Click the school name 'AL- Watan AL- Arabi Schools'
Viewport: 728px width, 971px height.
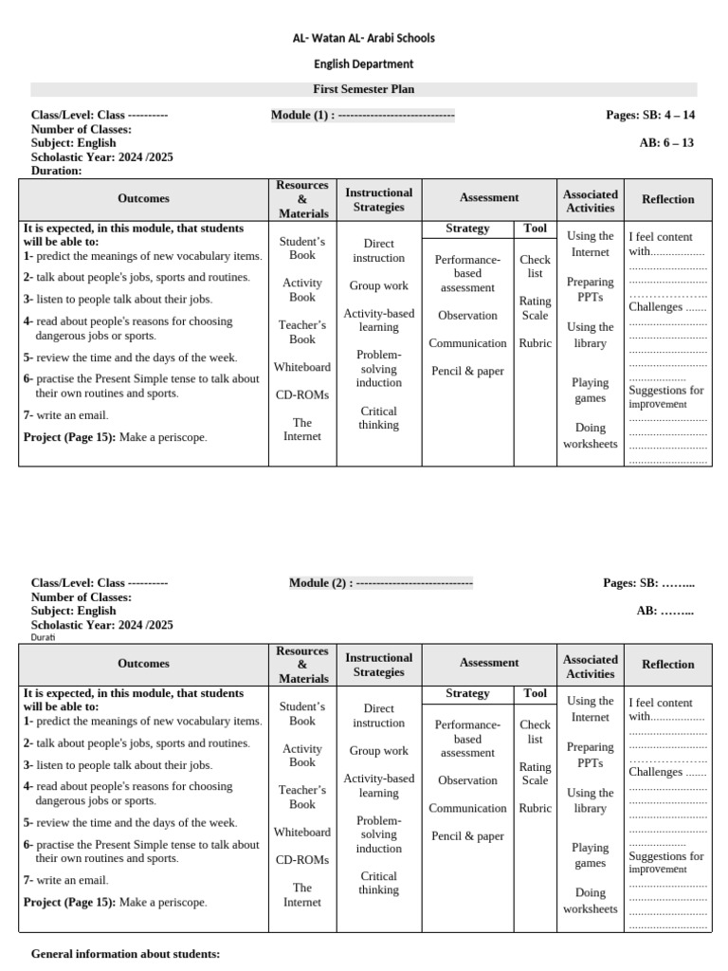click(363, 38)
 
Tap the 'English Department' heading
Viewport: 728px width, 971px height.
click(363, 64)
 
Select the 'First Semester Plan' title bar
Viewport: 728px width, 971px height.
click(363, 89)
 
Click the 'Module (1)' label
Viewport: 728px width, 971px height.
click(301, 116)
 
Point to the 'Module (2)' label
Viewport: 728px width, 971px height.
click(319, 583)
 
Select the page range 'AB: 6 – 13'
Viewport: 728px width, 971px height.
click(667, 143)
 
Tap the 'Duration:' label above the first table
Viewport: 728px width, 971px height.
click(56, 171)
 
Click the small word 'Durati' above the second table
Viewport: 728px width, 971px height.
click(44, 638)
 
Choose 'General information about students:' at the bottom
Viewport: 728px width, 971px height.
click(125, 953)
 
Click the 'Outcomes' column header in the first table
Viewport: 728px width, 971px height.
click(143, 199)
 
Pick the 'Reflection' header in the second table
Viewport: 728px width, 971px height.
click(667, 665)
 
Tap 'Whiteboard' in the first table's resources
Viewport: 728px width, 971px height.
click(302, 367)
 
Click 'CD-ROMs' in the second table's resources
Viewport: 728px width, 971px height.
click(302, 860)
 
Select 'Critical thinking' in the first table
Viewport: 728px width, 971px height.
click(378, 418)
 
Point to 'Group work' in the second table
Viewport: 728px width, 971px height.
click(378, 751)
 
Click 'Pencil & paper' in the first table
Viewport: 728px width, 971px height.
click(467, 372)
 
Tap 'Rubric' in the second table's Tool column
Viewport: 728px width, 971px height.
click(535, 809)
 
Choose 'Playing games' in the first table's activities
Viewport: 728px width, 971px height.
click(590, 391)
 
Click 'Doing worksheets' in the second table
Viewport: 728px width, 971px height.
click(590, 901)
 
